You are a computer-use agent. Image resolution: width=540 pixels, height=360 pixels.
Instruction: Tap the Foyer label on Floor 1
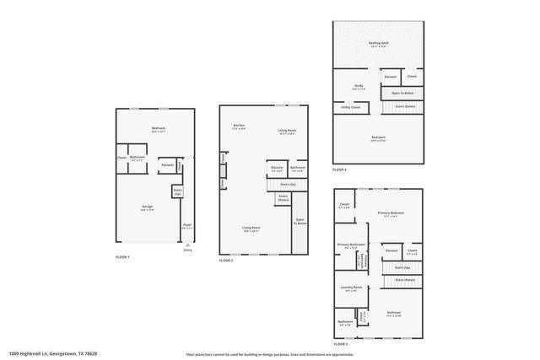click(x=187, y=226)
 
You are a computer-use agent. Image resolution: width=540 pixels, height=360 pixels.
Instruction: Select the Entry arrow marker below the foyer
click(x=187, y=248)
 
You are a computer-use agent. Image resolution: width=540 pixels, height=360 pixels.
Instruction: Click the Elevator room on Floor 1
click(x=167, y=165)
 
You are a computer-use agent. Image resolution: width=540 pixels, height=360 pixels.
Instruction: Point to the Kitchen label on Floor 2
click(x=239, y=127)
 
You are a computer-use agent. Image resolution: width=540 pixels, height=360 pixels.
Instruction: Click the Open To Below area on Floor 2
click(x=300, y=222)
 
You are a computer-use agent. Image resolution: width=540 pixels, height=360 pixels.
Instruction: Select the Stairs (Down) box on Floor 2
click(x=283, y=198)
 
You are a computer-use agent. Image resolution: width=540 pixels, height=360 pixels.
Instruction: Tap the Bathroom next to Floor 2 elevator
click(x=297, y=169)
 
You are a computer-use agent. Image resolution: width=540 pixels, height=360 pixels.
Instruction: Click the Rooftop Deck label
click(x=378, y=42)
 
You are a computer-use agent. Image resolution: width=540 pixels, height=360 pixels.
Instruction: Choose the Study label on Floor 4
click(x=358, y=87)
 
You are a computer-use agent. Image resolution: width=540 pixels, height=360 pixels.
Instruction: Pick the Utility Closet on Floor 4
click(x=351, y=107)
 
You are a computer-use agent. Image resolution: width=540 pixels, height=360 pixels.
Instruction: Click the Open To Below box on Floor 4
click(x=402, y=93)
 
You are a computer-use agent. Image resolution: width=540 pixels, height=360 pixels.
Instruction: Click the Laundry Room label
click(x=351, y=289)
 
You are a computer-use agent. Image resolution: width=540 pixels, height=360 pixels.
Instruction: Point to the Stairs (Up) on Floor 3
click(x=402, y=267)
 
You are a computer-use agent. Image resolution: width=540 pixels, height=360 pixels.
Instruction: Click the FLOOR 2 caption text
click(x=225, y=261)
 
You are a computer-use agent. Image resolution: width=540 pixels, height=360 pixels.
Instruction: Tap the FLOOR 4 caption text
click(x=339, y=169)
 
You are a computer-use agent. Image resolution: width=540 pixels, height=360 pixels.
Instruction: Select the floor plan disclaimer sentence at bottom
click(x=270, y=353)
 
